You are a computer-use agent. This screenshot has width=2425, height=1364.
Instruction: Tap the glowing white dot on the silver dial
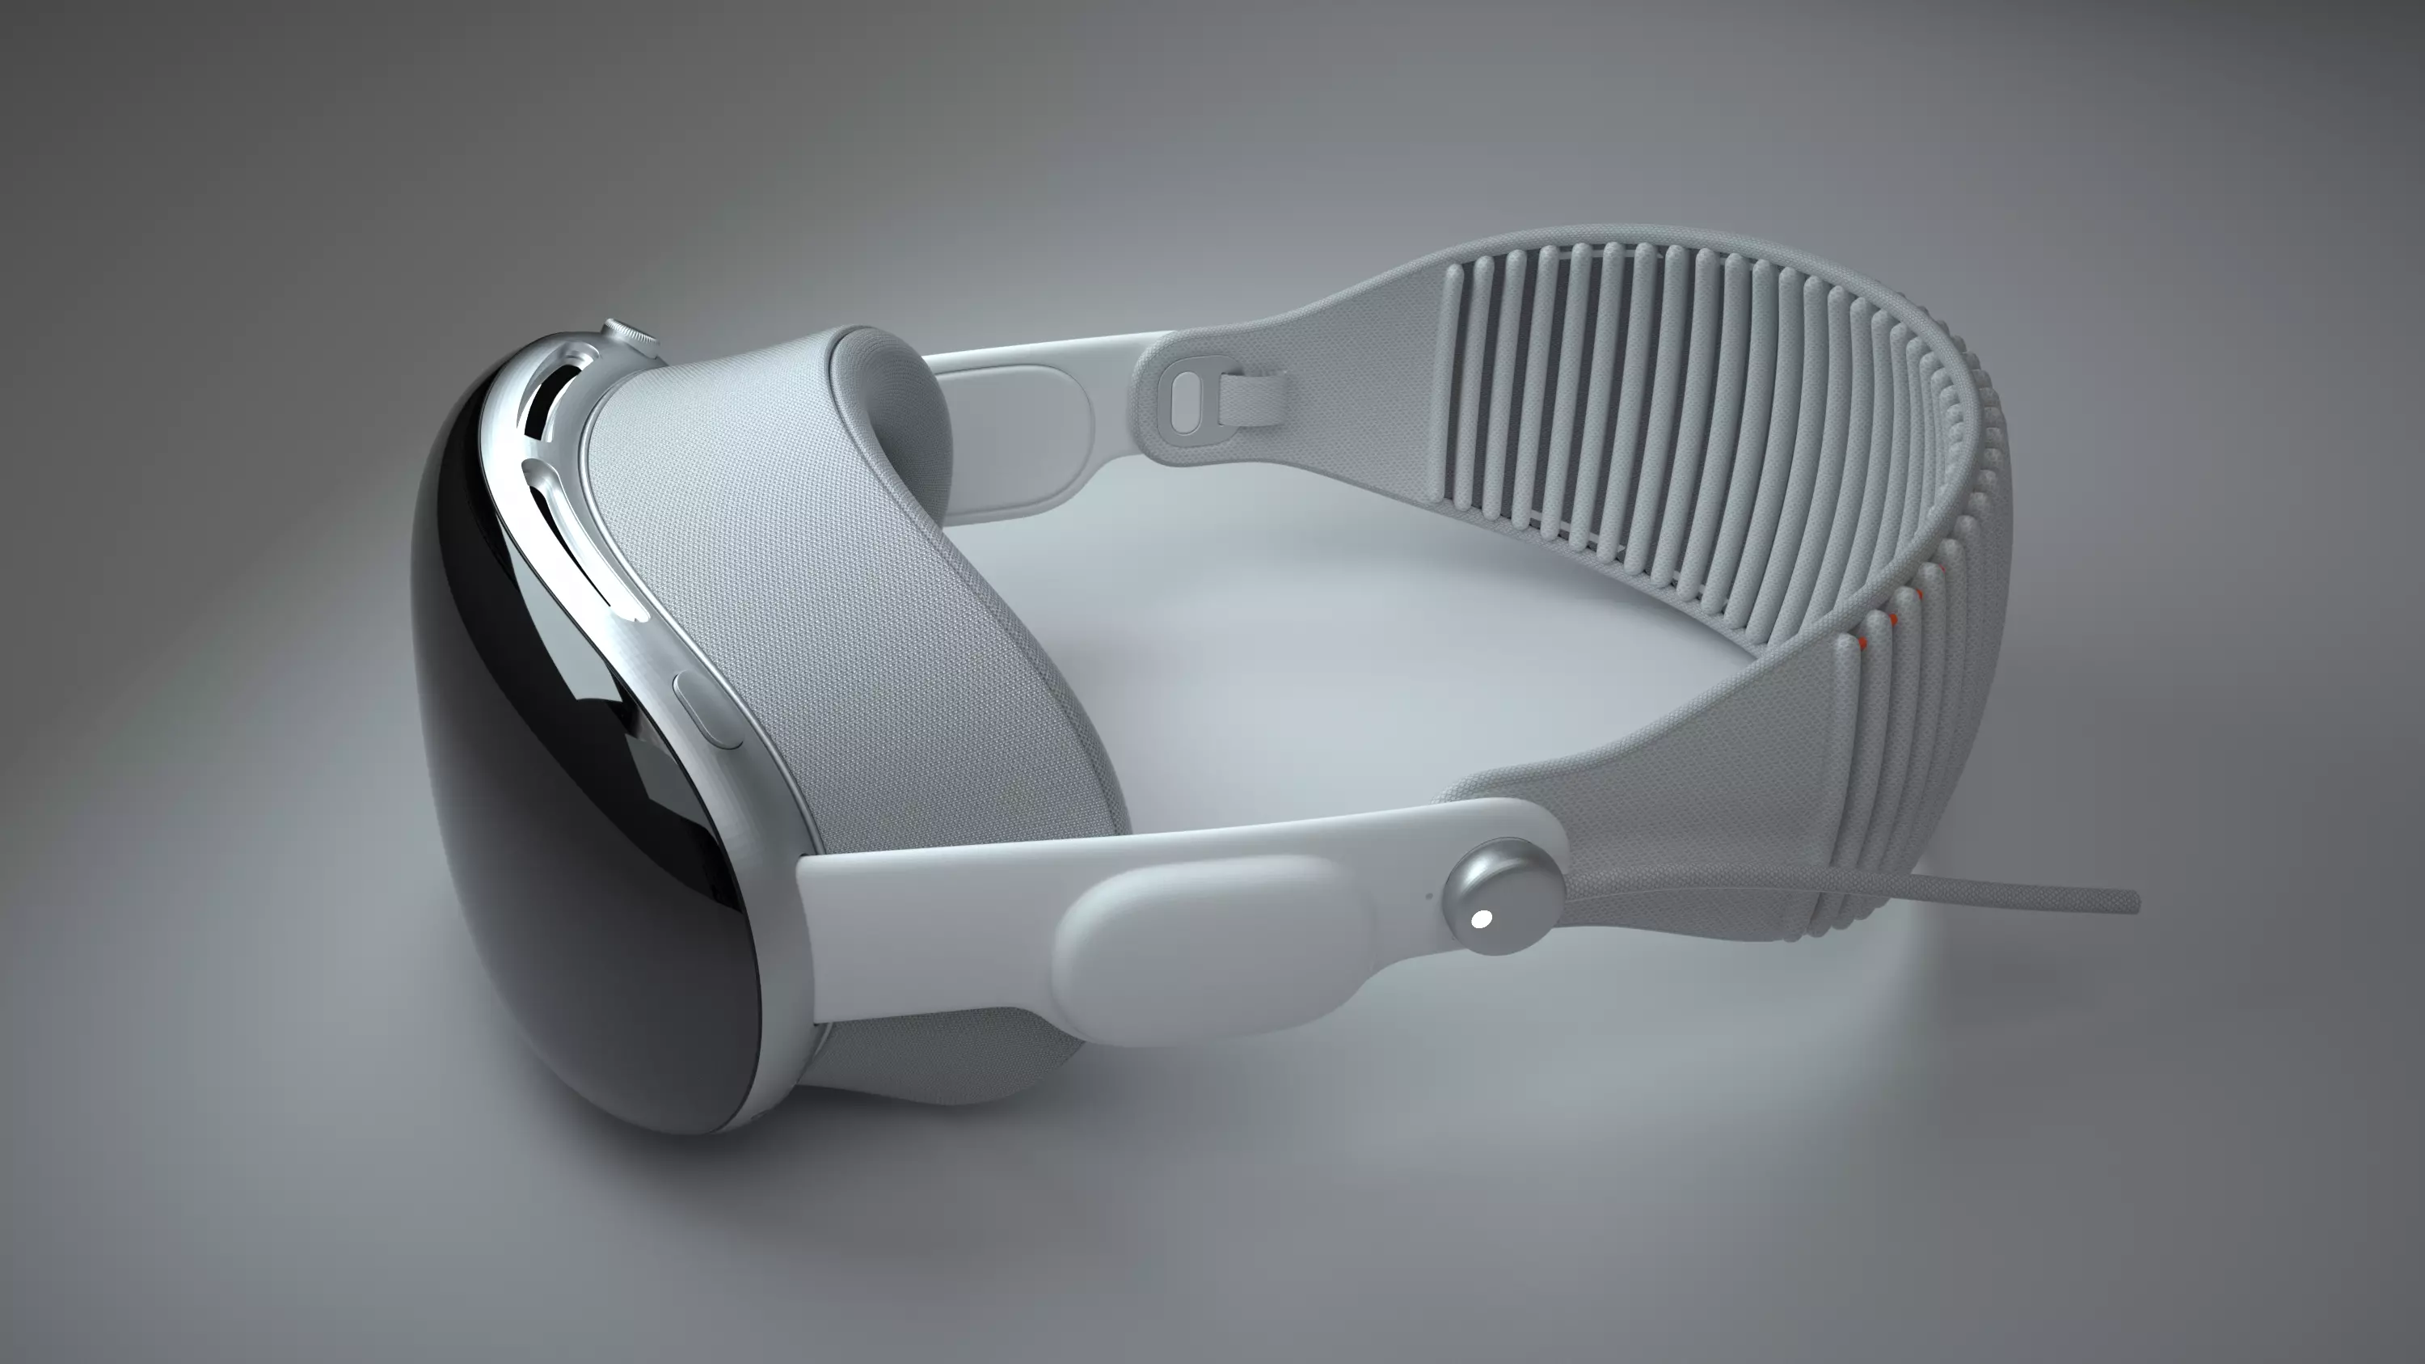coord(1481,919)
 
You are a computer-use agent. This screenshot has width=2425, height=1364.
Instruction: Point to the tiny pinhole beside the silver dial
coord(1430,895)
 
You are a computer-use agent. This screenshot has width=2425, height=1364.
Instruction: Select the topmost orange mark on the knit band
coord(1941,569)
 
